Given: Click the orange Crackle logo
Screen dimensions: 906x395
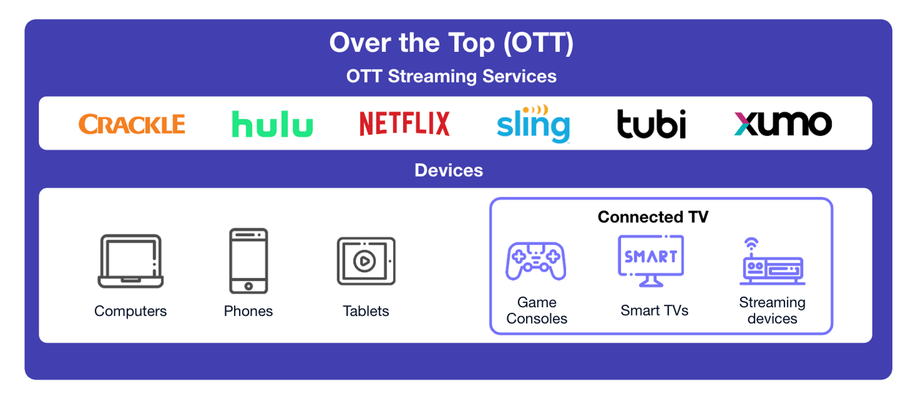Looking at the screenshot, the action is tap(131, 124).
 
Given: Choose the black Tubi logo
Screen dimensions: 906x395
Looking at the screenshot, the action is tap(652, 124).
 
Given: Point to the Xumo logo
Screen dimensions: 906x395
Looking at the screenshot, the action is tap(783, 124).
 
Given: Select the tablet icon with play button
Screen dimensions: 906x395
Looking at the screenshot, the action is tap(366, 261).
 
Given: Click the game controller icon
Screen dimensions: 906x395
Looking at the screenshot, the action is tap(536, 261).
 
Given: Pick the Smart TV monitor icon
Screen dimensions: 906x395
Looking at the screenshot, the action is tap(651, 261).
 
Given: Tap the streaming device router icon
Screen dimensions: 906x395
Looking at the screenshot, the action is tap(772, 262).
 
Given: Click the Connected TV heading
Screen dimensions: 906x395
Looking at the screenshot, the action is tap(653, 217).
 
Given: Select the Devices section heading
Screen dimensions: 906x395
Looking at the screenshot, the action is tap(449, 170).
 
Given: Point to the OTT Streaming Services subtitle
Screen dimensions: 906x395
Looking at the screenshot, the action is tap(451, 76).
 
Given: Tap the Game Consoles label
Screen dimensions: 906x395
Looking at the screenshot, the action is tap(537, 310).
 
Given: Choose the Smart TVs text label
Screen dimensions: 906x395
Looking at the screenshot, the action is tap(654, 310).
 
